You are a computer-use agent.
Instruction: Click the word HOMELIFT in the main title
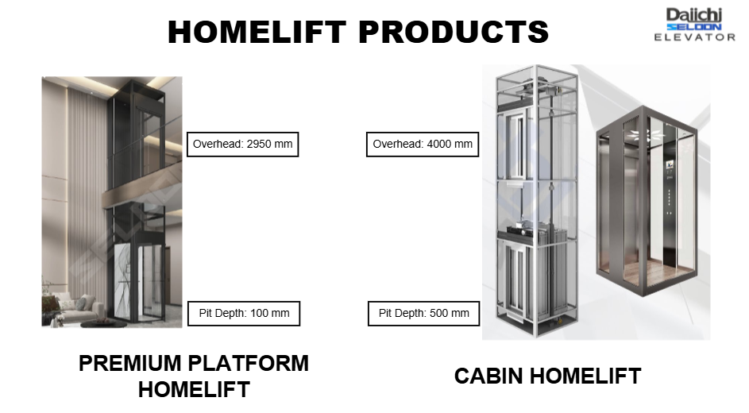[x=257, y=32]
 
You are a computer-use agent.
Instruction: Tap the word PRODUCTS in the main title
[x=454, y=32]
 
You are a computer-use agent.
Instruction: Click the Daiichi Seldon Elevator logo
[x=694, y=25]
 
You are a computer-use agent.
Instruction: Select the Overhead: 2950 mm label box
[x=243, y=145]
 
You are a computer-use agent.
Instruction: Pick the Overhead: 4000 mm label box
[x=423, y=145]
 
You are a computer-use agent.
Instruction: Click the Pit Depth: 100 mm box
[x=244, y=314]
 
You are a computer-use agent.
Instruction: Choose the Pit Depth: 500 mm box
[x=423, y=314]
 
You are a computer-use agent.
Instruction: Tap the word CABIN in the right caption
[x=488, y=376]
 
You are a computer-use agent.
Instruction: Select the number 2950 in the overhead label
[x=258, y=145]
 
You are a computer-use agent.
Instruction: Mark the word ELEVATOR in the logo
[x=694, y=37]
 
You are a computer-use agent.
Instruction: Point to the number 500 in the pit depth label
[x=438, y=313]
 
